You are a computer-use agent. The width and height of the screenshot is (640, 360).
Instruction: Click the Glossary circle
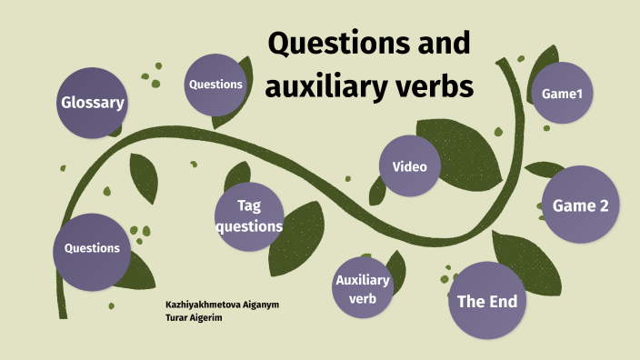[x=91, y=102]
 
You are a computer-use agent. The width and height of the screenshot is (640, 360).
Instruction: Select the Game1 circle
[x=562, y=93]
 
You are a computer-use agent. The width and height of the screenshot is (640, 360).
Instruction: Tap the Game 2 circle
[x=580, y=206]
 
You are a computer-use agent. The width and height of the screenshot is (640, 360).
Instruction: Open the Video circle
[x=409, y=166]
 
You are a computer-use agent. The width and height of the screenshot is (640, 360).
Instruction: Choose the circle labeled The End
[x=486, y=301]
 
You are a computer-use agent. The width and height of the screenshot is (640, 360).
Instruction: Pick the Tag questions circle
[x=249, y=216]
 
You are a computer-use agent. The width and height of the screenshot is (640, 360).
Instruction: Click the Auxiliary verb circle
[x=362, y=287]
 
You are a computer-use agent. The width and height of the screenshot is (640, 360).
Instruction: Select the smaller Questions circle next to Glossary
[x=215, y=85]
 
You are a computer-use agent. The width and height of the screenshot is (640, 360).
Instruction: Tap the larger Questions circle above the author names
[x=92, y=248]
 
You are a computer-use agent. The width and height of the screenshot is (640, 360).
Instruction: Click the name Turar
[x=178, y=317]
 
